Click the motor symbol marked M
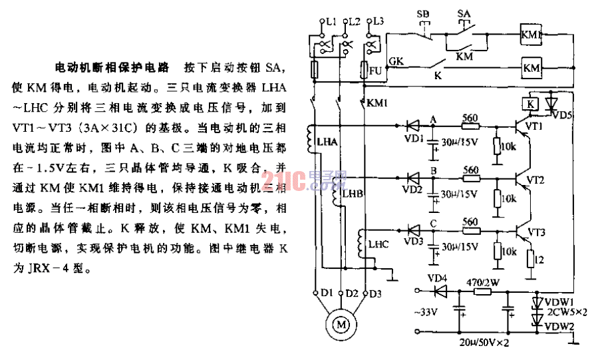[x=341, y=325]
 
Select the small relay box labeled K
[x=529, y=103]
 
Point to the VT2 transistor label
[x=535, y=180]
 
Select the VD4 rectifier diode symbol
[x=438, y=291]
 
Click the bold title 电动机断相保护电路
[x=110, y=68]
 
